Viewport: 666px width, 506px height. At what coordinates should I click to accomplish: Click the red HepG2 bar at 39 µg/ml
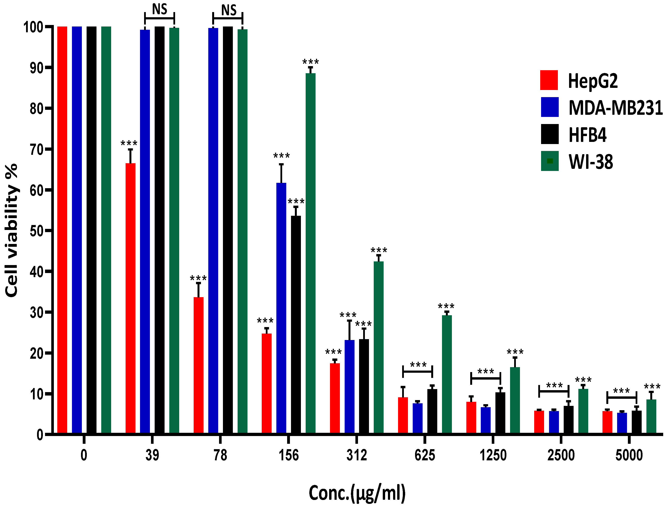click(131, 298)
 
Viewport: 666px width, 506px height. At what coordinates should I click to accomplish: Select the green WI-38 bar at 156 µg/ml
click(311, 253)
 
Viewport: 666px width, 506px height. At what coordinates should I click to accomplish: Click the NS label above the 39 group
click(160, 9)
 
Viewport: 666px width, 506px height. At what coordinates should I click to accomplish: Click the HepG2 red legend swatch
click(549, 80)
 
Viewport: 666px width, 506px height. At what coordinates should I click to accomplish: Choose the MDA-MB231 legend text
click(615, 107)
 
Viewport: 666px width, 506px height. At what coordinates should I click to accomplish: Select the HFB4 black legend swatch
click(550, 134)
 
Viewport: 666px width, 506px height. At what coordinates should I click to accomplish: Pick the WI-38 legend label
click(591, 162)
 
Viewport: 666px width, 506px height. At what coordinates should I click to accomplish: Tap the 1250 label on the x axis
click(493, 455)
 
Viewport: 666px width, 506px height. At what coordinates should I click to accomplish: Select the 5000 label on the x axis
click(629, 455)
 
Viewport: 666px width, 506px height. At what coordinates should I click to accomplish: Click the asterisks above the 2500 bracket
click(554, 385)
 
